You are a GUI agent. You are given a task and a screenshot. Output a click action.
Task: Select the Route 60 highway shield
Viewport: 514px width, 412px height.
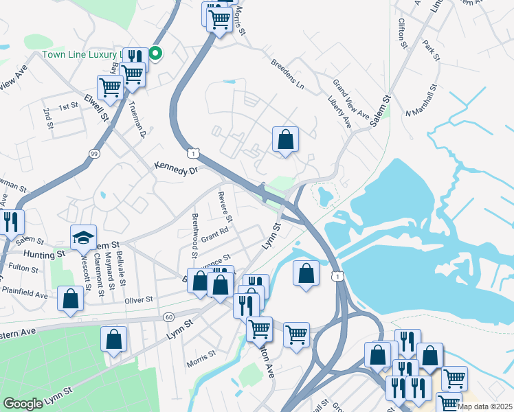pos(169,317)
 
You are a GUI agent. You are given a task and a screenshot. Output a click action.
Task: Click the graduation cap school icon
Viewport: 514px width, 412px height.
pos(84,238)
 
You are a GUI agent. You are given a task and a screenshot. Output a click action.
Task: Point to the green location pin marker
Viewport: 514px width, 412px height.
pos(156,52)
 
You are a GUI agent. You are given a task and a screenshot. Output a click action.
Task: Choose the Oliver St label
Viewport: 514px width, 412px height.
pos(137,300)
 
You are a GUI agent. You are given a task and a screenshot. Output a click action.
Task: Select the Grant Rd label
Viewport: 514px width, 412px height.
pos(214,233)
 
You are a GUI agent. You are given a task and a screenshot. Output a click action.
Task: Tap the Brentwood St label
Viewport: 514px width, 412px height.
pos(194,232)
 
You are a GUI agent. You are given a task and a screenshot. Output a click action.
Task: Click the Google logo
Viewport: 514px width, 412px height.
pos(23,404)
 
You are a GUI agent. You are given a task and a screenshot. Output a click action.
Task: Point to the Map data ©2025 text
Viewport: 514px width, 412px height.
pos(484,407)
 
